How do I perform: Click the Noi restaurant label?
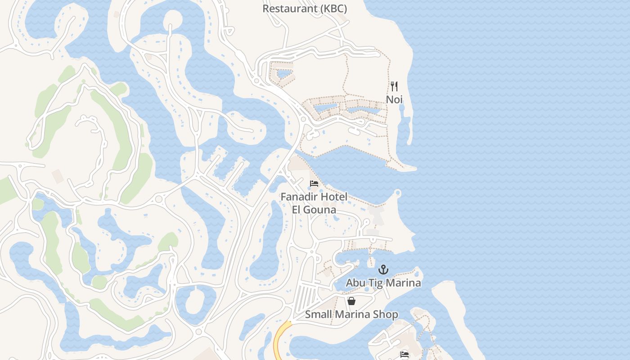click(394, 99)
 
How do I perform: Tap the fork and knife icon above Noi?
click(394, 86)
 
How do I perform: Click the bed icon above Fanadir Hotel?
click(314, 184)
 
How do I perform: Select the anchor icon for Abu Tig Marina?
click(383, 270)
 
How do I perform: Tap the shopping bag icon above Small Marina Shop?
click(351, 301)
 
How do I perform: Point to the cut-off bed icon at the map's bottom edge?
click(405, 355)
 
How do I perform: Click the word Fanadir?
click(298, 197)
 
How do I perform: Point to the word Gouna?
click(320, 210)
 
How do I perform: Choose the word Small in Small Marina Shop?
click(317, 314)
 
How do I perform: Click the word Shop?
click(386, 314)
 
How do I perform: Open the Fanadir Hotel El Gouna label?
click(314, 203)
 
